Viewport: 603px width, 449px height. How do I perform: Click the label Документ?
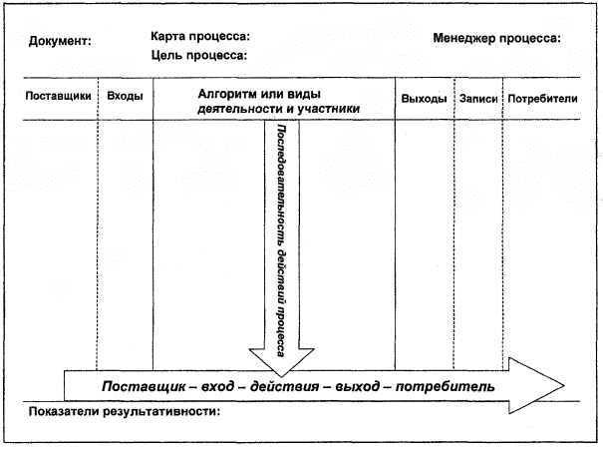[x=60, y=41]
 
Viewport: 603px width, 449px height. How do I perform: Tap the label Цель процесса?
[x=199, y=56]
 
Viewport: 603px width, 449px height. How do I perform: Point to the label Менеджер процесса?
[x=497, y=39]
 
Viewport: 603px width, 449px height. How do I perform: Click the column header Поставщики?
[x=59, y=97]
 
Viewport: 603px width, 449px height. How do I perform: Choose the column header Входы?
[x=125, y=97]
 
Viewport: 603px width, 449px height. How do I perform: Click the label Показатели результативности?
[x=125, y=411]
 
